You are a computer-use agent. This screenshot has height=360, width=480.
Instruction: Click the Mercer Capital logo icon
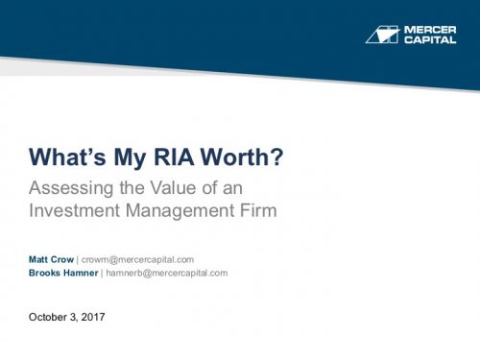(382, 34)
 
